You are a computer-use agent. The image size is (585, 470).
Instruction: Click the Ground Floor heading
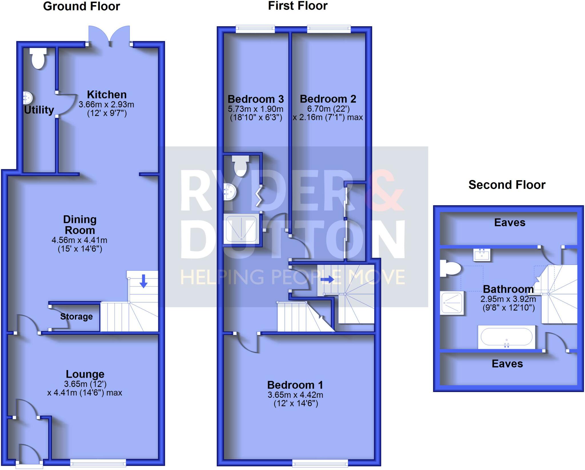[x=81, y=6]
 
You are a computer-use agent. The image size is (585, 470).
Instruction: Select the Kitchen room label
[x=107, y=95]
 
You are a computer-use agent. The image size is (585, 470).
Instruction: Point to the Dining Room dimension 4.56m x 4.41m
[x=79, y=240]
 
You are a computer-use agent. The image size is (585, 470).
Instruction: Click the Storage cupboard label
[x=76, y=316]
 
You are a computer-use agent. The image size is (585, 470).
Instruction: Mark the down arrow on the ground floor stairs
[x=143, y=281]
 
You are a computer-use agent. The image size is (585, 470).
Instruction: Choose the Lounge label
[x=85, y=374]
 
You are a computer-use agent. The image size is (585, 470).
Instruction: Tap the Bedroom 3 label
[x=256, y=99]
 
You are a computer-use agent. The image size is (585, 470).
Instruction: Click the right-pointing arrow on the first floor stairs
[x=327, y=279]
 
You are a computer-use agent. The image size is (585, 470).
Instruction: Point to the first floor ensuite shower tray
[x=242, y=229]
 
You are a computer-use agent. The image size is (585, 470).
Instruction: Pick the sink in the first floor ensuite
[x=229, y=192]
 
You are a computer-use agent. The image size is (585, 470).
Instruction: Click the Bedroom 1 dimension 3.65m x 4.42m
[x=295, y=395]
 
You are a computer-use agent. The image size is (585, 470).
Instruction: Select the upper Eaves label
[x=510, y=222]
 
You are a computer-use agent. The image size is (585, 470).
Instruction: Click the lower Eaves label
[x=507, y=364]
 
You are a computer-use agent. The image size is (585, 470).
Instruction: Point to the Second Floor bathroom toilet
[x=450, y=268]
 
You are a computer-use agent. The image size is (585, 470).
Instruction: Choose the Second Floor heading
[x=507, y=185]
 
